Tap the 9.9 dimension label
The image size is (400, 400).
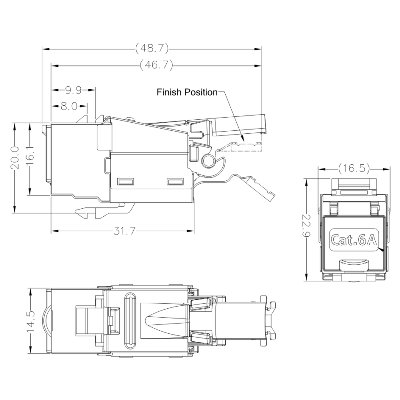click(73, 89)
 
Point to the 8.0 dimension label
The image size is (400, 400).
click(70, 104)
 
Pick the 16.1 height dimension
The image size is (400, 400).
click(31, 157)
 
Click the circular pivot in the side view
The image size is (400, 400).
click(208, 160)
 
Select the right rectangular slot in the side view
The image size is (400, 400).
click(176, 181)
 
